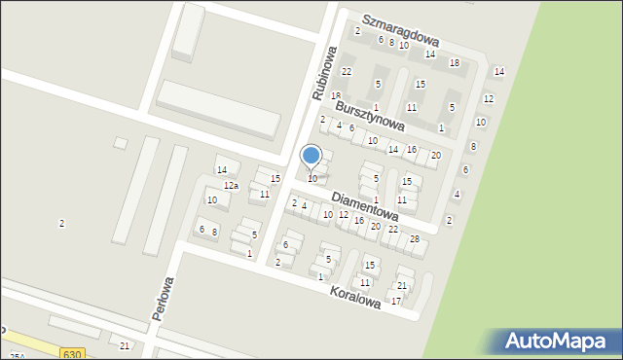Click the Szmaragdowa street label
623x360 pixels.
pos(401,30)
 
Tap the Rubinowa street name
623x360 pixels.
pos(324,73)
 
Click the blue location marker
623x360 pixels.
pos(311,156)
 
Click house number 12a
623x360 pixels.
pos(231,186)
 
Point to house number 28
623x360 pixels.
pos(415,239)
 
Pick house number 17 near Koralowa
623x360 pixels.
pos(396,302)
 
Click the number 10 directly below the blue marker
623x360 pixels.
pos(312,179)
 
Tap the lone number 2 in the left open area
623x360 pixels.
pos(61,224)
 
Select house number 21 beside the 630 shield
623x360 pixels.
pos(124,346)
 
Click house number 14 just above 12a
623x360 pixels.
pos(222,170)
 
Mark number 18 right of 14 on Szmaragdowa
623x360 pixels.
pos(454,63)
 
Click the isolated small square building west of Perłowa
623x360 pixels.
pos(121,143)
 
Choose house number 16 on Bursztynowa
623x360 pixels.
pos(412,149)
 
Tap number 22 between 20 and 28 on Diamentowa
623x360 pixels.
pos(393,230)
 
